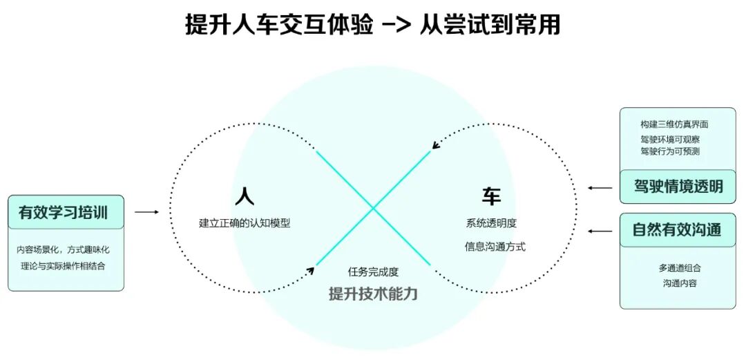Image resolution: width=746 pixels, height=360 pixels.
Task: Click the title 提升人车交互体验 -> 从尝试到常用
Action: (372, 25)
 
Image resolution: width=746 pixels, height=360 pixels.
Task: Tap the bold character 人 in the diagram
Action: (244, 196)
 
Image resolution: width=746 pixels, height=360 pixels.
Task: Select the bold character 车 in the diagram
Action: (491, 196)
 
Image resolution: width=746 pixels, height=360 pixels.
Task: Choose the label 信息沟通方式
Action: (495, 246)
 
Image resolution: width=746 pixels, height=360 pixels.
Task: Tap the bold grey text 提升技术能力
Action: (373, 293)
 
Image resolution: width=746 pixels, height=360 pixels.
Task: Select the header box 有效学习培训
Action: (66, 212)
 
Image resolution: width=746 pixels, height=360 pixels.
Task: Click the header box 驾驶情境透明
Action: (678, 187)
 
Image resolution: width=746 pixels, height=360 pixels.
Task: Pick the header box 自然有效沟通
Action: (678, 230)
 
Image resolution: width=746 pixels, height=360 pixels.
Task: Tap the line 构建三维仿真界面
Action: (674, 125)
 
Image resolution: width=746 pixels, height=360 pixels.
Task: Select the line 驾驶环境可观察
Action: (669, 140)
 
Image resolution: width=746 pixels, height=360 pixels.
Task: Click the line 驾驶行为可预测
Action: (669, 151)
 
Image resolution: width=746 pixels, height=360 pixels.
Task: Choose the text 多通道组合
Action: (680, 267)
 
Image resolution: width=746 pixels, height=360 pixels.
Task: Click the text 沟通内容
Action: (680, 283)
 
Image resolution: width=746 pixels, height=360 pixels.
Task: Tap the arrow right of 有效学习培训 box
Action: (146, 212)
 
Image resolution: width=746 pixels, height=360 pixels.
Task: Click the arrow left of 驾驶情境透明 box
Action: (600, 187)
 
